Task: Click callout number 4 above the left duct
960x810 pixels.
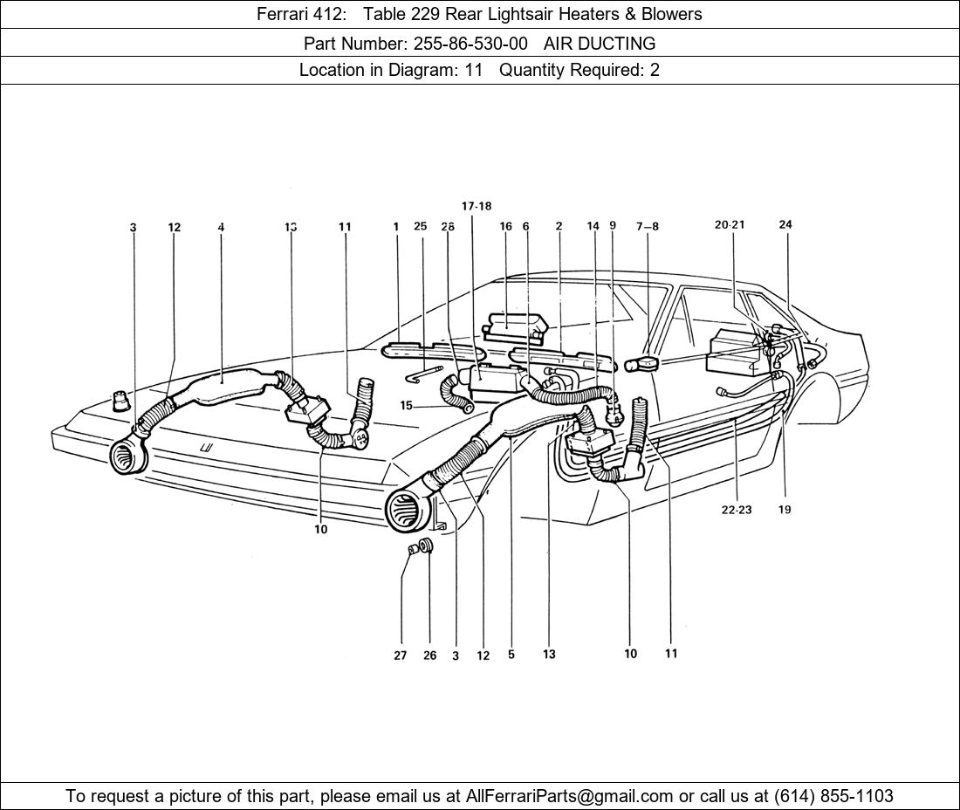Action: [221, 228]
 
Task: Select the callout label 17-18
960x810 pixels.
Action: [477, 207]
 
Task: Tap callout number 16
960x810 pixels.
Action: [505, 227]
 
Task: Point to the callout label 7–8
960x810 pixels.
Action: [648, 227]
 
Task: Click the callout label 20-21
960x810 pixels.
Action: [730, 225]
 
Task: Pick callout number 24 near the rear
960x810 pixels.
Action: [785, 224]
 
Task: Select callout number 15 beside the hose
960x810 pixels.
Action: [406, 406]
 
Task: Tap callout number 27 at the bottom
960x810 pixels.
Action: [400, 656]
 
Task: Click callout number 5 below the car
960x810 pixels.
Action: [511, 655]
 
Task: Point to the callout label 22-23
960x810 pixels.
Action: [736, 510]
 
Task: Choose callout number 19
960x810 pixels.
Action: [785, 510]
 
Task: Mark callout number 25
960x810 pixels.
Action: [420, 227]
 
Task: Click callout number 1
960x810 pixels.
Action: [395, 227]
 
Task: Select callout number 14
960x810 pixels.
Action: [593, 226]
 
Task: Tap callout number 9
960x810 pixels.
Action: [613, 225]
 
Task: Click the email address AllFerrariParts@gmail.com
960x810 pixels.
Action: [570, 796]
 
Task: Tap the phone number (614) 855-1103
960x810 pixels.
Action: [833, 796]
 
